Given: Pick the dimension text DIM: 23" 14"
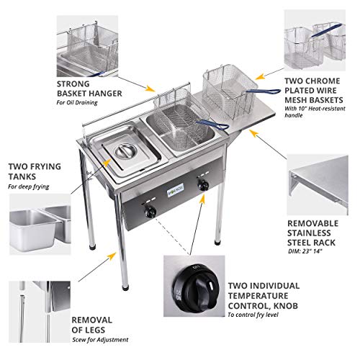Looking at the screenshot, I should (307, 253).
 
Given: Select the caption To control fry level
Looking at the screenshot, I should (253, 315).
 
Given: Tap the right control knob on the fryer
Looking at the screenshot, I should (204, 186).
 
